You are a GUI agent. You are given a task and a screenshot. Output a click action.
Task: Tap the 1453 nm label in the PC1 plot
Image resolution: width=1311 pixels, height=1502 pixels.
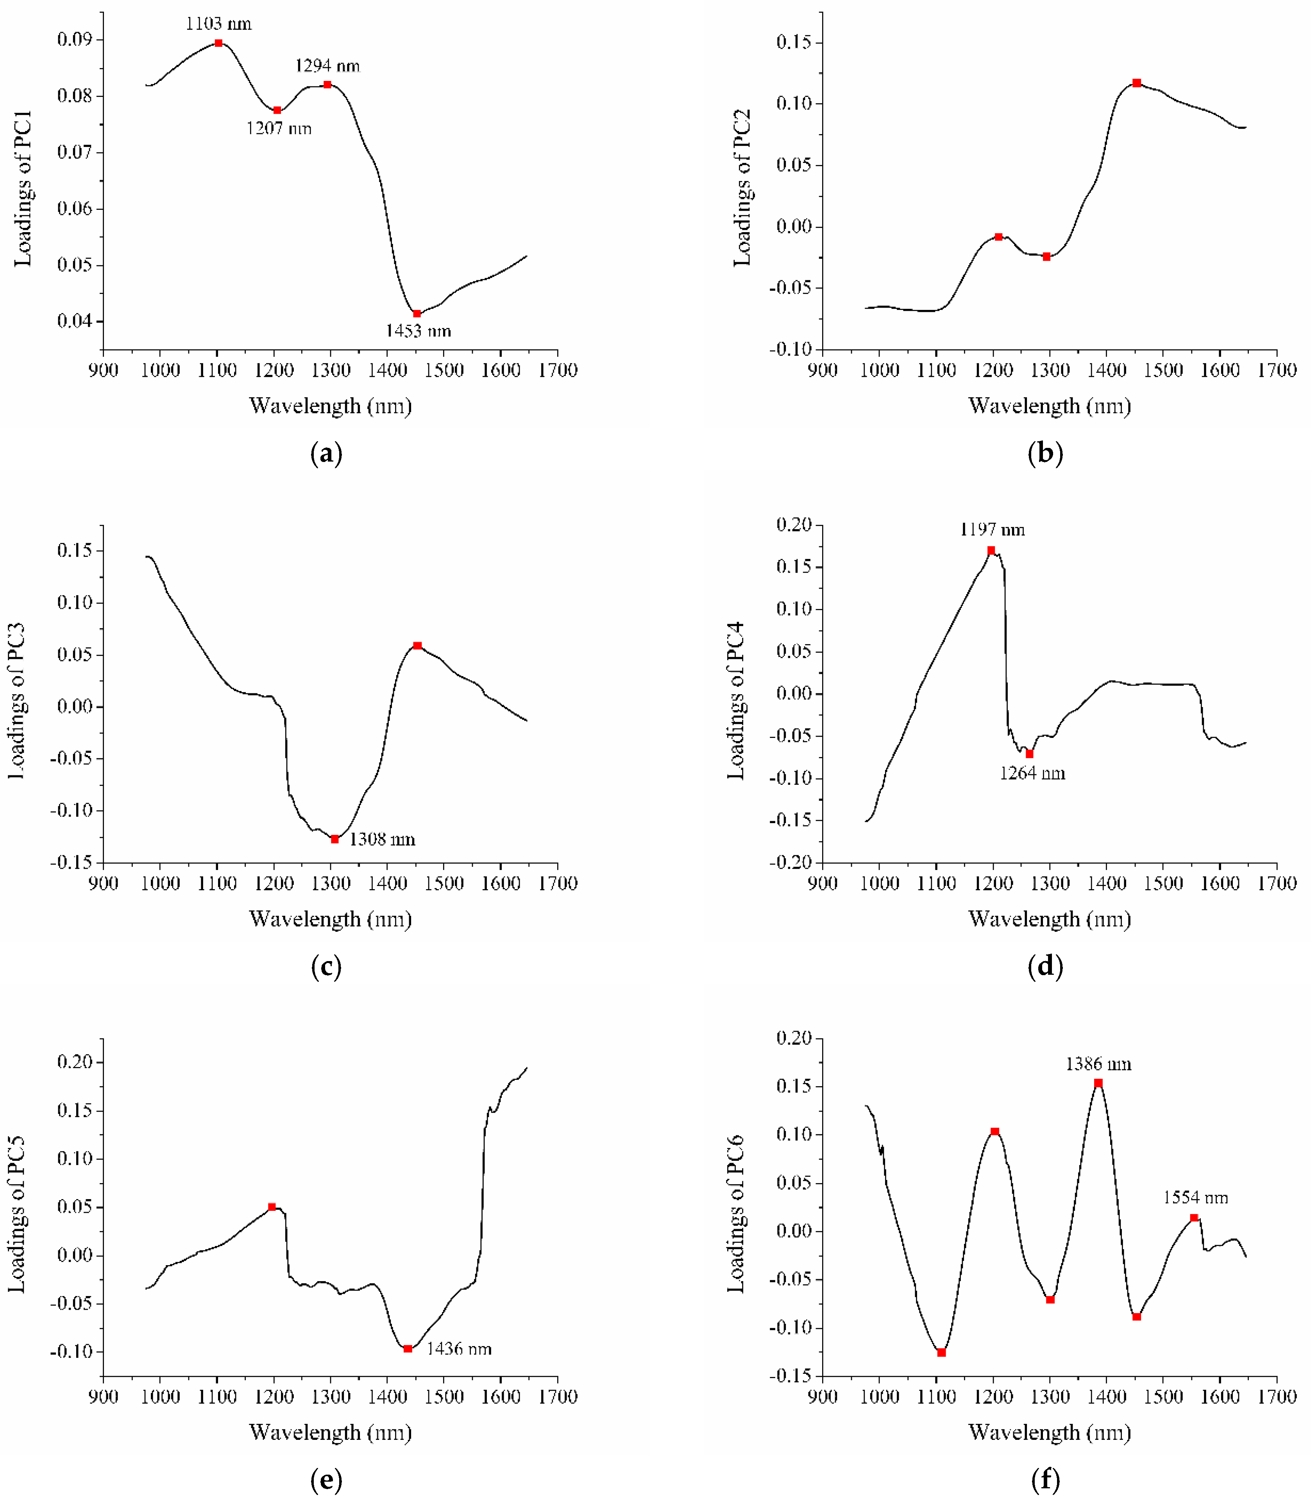click(419, 331)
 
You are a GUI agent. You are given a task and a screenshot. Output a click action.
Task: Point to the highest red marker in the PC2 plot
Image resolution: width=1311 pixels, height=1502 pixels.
click(1136, 83)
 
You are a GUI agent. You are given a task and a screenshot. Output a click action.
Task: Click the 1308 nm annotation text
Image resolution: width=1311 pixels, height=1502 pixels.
click(382, 839)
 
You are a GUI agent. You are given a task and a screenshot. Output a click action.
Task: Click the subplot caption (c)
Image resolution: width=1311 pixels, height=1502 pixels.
click(326, 967)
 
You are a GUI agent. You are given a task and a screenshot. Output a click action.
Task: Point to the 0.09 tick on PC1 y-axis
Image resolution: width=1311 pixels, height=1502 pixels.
click(75, 39)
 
